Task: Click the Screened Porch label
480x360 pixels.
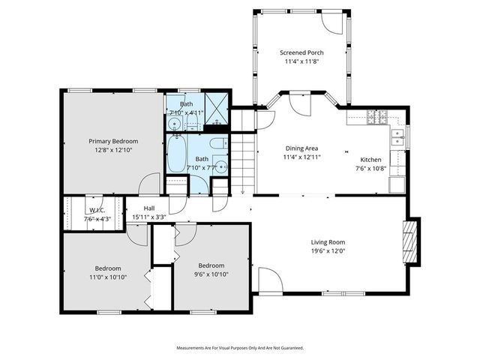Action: coord(301,52)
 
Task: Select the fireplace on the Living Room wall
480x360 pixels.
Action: coord(410,241)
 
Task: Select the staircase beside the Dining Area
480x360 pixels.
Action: coord(241,161)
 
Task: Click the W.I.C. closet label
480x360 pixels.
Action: coord(97,211)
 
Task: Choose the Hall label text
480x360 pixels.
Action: coord(149,208)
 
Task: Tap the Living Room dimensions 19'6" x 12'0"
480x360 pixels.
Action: coord(328,251)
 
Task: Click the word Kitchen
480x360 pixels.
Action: coord(370,160)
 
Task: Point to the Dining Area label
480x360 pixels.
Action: coord(301,148)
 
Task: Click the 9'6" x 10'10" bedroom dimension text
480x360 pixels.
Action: coord(211,274)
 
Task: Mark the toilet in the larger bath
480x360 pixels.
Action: coord(215,145)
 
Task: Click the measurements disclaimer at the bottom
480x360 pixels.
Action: coord(239,348)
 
